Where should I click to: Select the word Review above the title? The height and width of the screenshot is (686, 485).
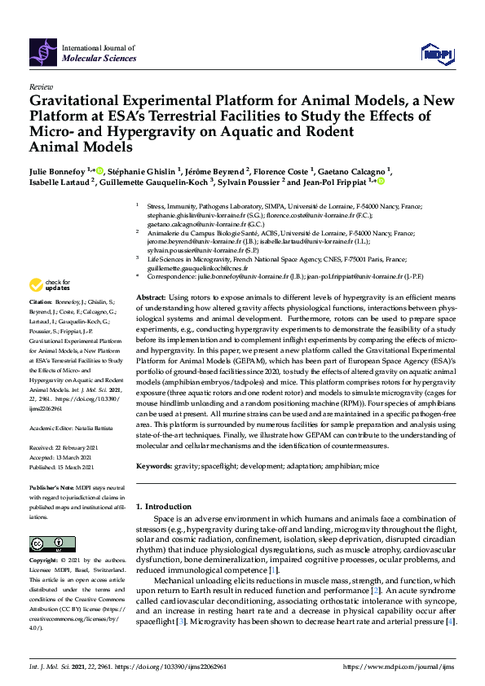(40, 86)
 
